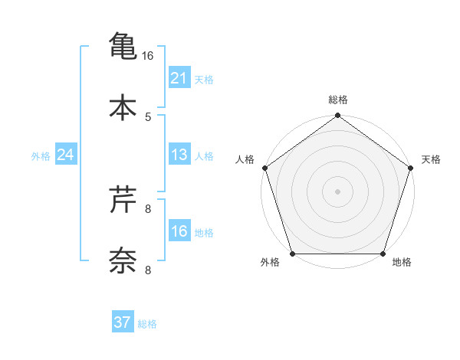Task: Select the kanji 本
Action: point(123,108)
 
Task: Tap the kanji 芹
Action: point(123,200)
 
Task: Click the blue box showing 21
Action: point(179,77)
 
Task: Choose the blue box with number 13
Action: point(179,155)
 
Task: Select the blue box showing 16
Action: point(179,231)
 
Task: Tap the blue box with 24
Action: point(66,155)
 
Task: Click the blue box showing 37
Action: point(123,322)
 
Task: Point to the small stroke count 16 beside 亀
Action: point(148,56)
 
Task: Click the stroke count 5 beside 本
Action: point(148,117)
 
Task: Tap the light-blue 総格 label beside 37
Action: point(147,324)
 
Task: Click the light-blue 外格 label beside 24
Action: point(41,155)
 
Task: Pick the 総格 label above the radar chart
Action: point(338,100)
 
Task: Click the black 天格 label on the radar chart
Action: point(431,159)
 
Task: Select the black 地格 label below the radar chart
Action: point(402,263)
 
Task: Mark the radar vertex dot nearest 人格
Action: point(264,168)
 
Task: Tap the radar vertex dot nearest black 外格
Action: point(292,254)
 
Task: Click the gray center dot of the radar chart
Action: point(338,191)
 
